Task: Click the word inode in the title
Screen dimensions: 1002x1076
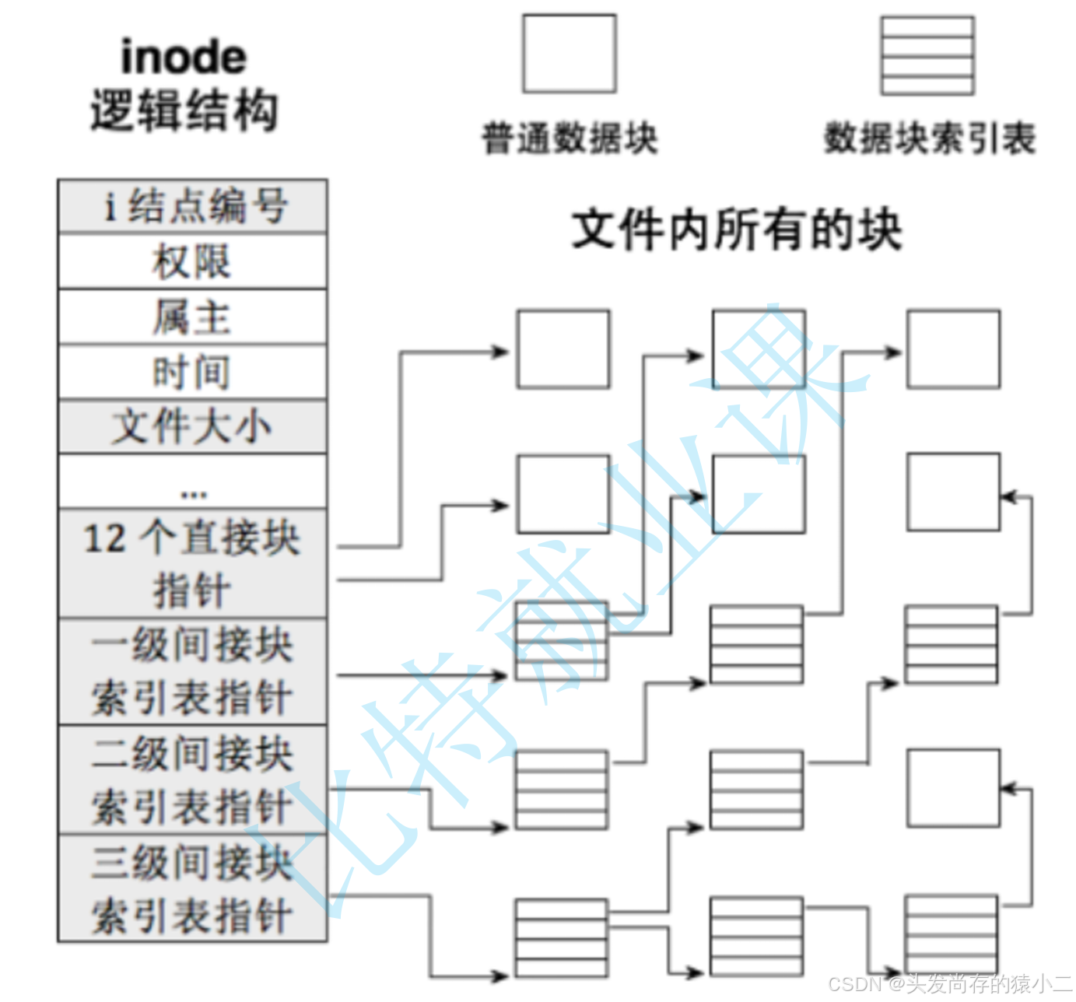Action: pyautogui.click(x=184, y=58)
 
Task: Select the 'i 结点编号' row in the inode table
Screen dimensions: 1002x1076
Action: pyautogui.click(x=192, y=206)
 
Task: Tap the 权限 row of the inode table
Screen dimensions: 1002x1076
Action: pyautogui.click(x=192, y=261)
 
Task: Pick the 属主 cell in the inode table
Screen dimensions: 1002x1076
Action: pyautogui.click(x=192, y=317)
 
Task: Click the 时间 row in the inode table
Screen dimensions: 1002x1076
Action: pyautogui.click(x=192, y=372)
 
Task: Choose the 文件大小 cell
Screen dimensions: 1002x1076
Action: pyautogui.click(x=192, y=427)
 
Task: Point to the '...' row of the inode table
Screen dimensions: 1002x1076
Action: pyautogui.click(x=192, y=482)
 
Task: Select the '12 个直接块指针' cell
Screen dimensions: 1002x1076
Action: pyautogui.click(x=192, y=564)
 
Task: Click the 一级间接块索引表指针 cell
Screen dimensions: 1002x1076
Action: pyautogui.click(x=192, y=672)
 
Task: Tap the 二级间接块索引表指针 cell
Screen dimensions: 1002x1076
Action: pyautogui.click(x=192, y=780)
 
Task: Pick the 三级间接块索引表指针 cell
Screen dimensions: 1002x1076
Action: pyautogui.click(x=192, y=888)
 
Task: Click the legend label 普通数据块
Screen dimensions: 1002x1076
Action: pyautogui.click(x=570, y=139)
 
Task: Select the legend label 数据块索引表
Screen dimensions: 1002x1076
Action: pyautogui.click(x=929, y=139)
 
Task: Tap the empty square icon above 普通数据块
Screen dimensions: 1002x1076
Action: pyautogui.click(x=569, y=54)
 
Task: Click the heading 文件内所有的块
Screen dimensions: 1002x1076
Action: pyautogui.click(x=736, y=230)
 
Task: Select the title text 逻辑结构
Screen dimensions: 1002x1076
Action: pyautogui.click(x=184, y=110)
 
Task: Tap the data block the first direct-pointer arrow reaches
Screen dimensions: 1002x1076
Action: pyautogui.click(x=563, y=349)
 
